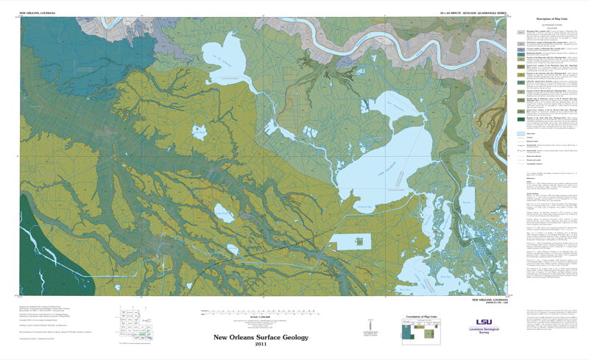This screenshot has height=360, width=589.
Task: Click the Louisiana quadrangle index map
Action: (x=136, y=320)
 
